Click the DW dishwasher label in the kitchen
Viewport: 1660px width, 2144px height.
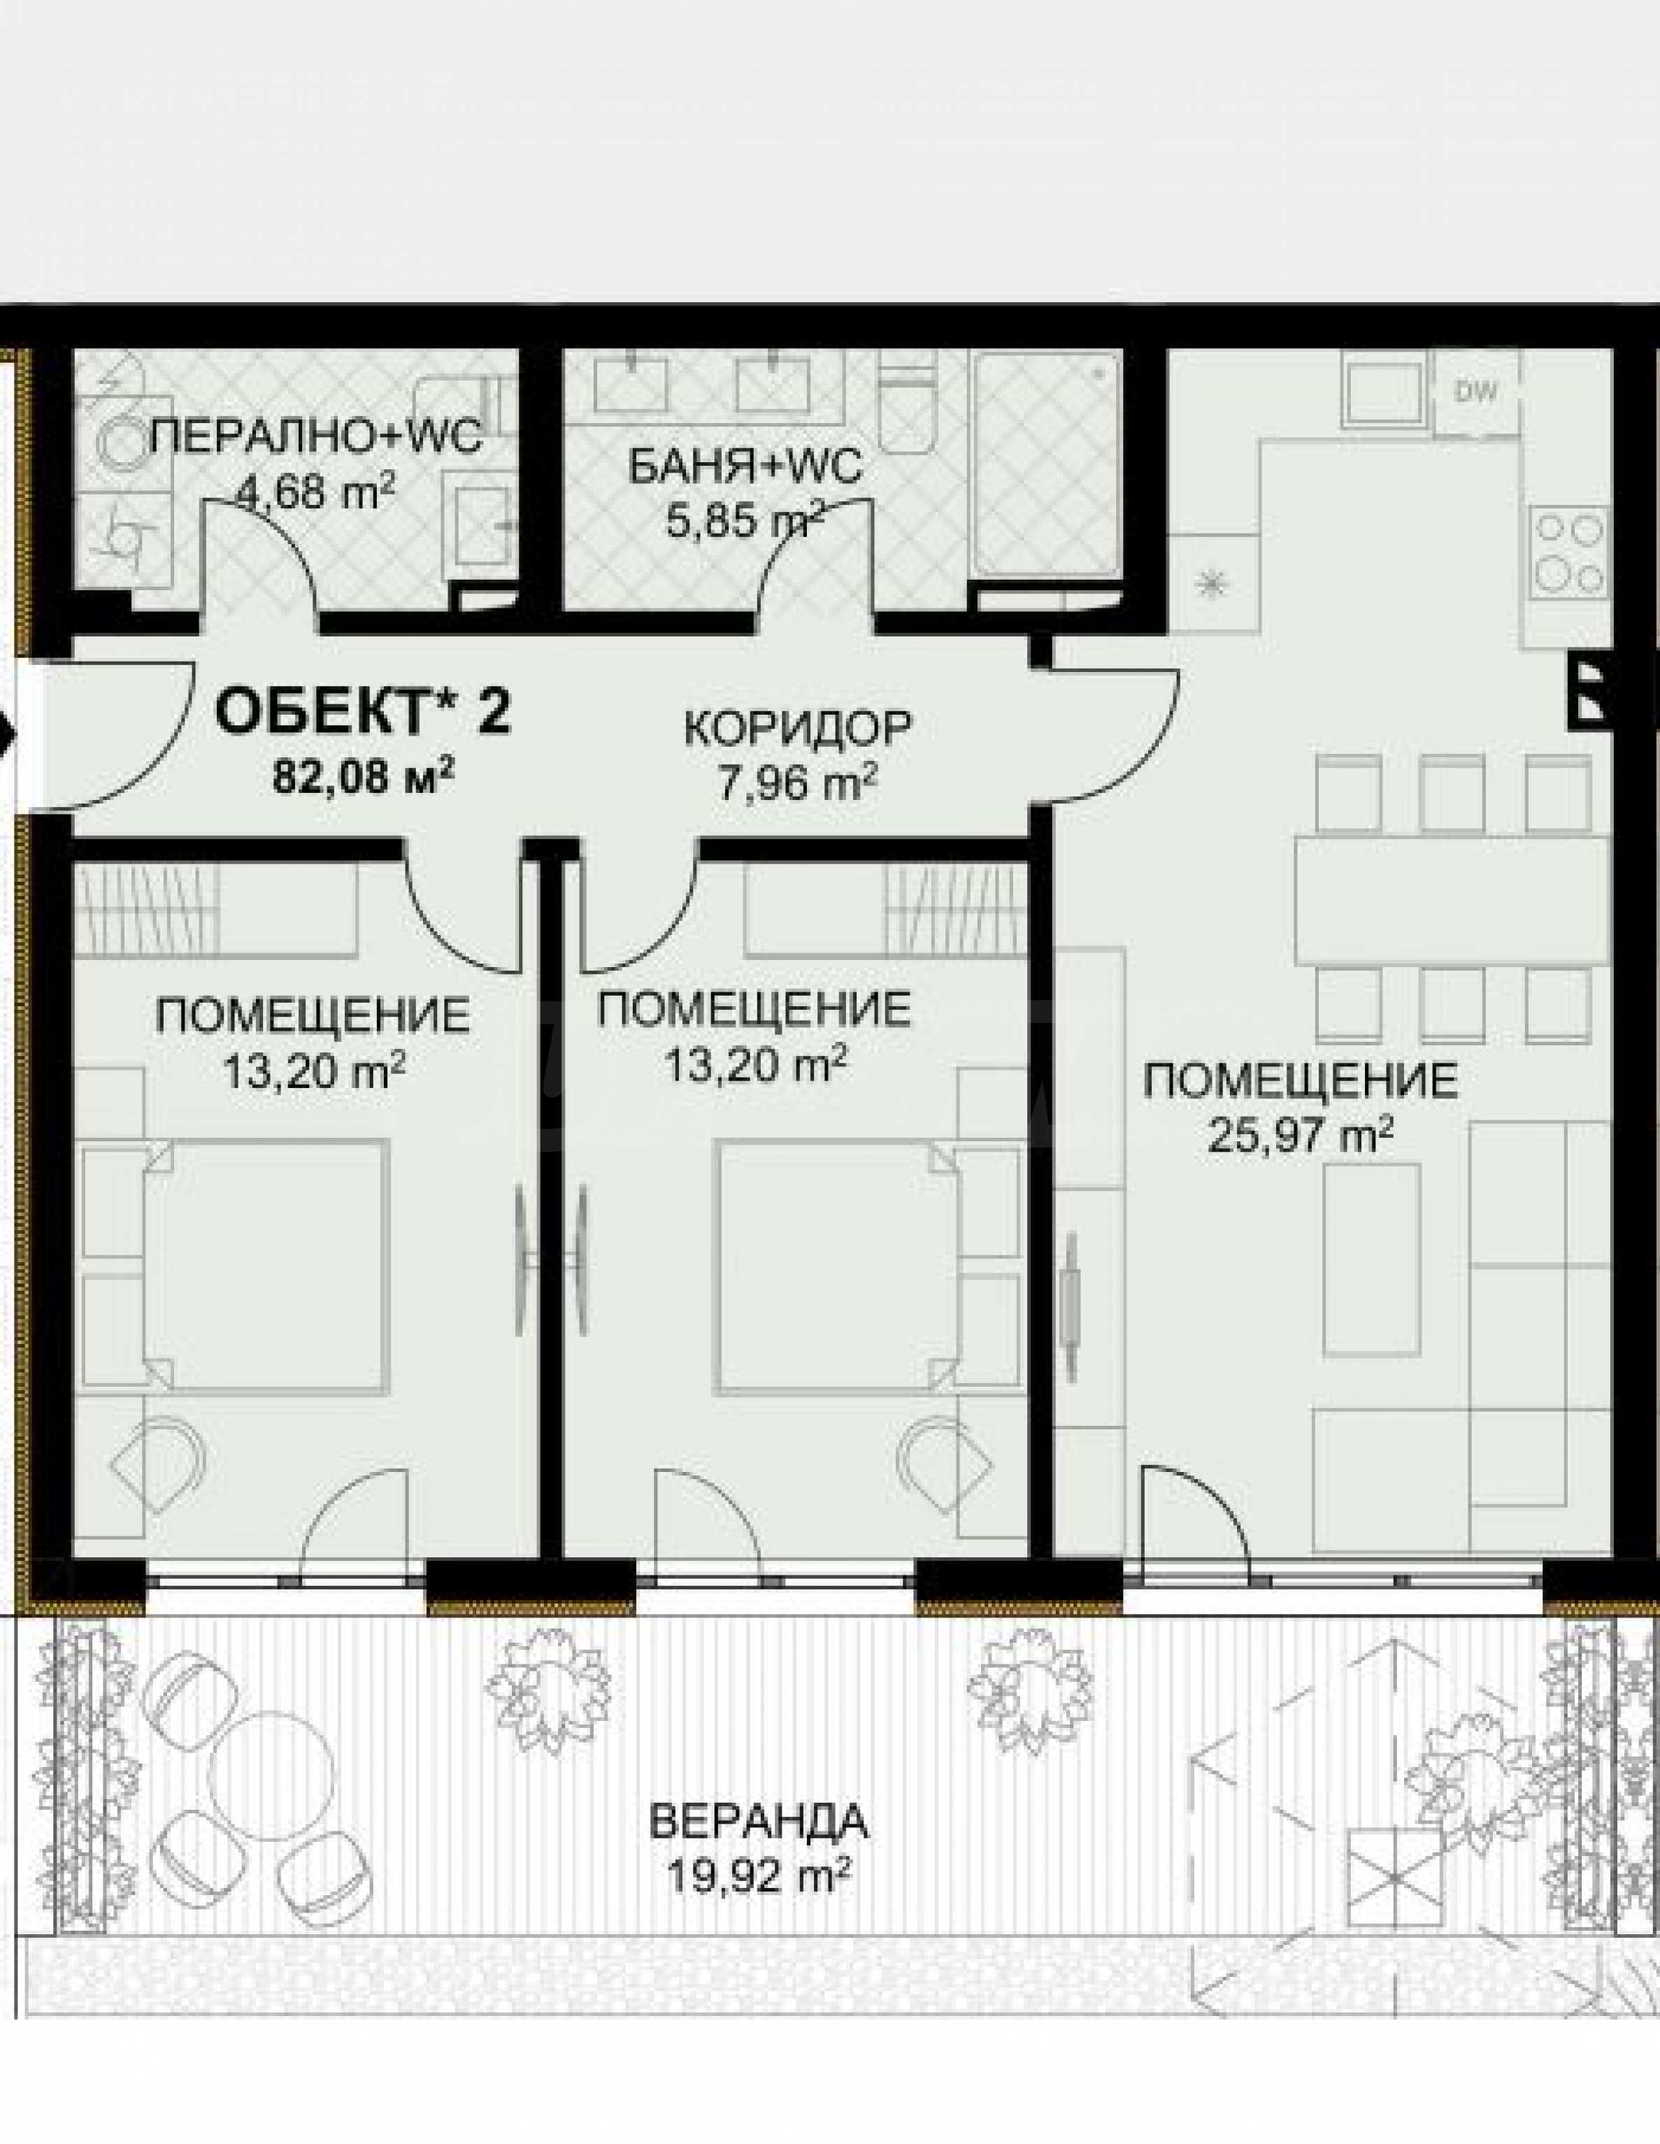(1478, 393)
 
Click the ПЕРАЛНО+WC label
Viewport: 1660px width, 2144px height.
(317, 436)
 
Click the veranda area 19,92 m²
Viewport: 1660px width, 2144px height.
(758, 1879)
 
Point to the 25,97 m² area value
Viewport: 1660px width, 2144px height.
(1301, 1138)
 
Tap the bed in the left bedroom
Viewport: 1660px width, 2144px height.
(265, 1266)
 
